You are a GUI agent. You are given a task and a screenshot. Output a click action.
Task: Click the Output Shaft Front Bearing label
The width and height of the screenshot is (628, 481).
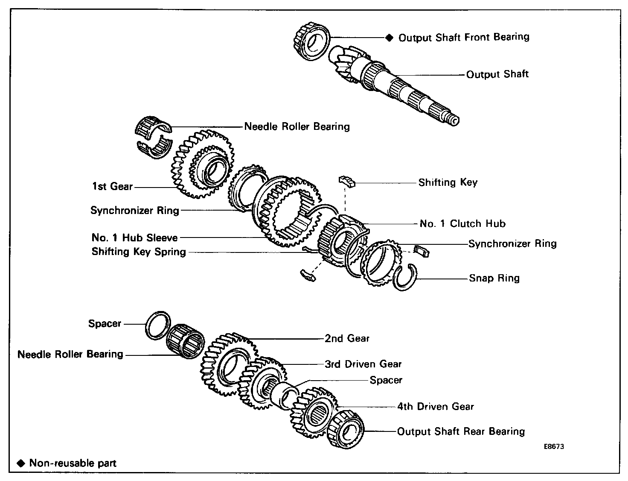click(464, 38)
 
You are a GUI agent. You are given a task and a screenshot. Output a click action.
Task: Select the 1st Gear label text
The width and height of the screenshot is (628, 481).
click(113, 186)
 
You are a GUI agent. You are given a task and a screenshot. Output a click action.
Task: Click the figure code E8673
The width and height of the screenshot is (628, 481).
click(554, 447)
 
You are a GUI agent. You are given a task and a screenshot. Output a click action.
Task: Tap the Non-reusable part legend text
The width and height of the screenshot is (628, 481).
click(73, 463)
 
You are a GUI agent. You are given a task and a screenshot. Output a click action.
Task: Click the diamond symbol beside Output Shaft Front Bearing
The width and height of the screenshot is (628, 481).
click(389, 38)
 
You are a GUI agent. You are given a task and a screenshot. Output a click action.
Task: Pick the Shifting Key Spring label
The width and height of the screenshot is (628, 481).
click(139, 252)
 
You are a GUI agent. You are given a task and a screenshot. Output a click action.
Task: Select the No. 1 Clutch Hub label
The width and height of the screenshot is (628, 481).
click(462, 223)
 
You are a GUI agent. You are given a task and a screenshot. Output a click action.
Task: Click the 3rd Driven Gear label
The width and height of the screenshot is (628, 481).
click(363, 364)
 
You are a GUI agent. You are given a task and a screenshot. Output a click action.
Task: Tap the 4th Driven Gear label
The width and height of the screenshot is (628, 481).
click(436, 406)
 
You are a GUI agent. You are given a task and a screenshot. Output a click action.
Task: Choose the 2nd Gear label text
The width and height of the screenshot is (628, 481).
click(347, 338)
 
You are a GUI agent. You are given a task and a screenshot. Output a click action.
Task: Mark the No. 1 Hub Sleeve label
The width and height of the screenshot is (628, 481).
click(134, 238)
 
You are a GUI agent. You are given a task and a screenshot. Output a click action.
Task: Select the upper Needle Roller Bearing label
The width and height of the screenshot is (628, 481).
click(297, 126)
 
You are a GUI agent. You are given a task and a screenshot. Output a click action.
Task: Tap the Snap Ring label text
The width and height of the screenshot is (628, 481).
click(494, 278)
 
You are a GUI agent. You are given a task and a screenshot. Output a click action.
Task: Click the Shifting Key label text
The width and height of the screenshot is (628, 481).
click(448, 182)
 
